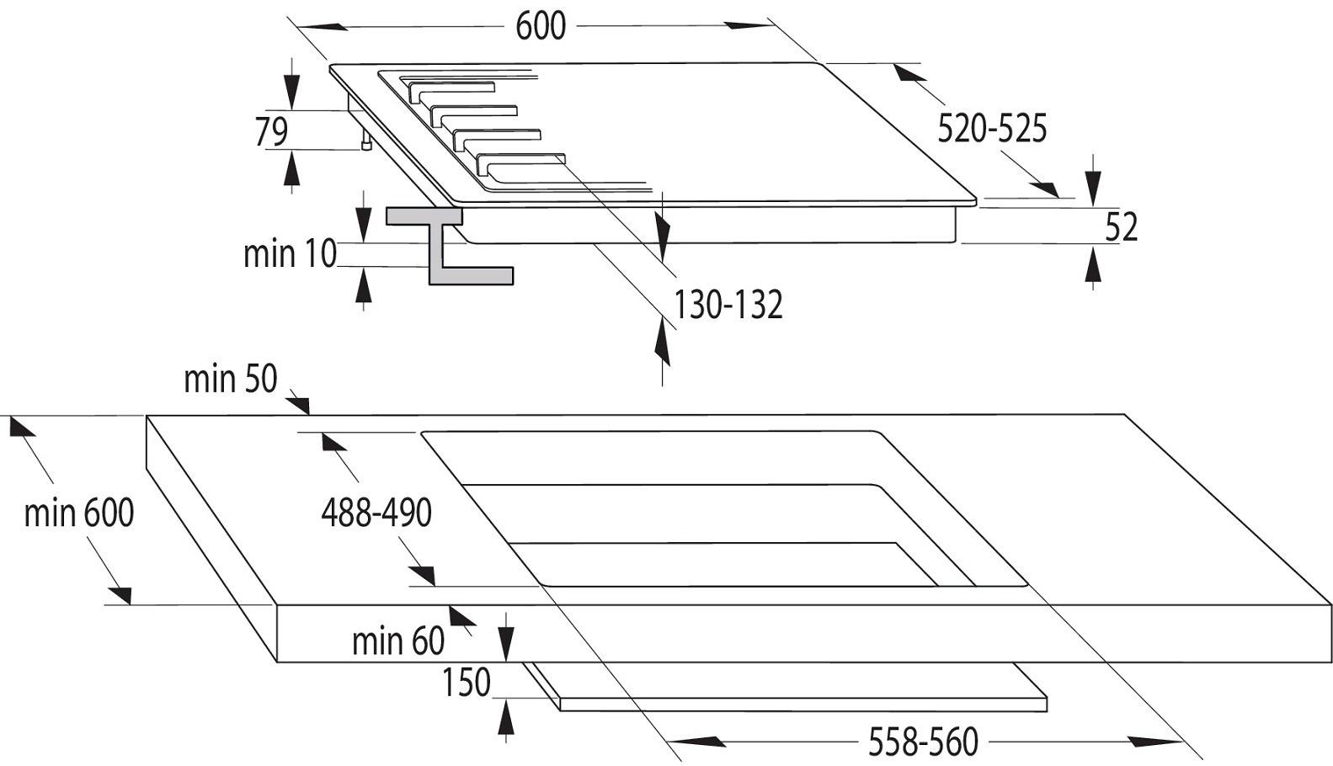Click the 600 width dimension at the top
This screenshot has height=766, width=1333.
[x=541, y=27]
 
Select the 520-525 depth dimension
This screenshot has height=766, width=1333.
[x=992, y=129]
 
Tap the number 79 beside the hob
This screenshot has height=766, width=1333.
[x=271, y=131]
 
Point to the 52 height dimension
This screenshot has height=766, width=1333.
[x=1121, y=226]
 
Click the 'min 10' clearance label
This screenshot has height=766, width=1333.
[x=290, y=253]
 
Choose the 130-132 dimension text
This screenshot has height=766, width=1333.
[x=728, y=305]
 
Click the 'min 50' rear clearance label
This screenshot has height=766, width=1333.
[x=230, y=379]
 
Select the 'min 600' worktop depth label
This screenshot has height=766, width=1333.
[x=78, y=513]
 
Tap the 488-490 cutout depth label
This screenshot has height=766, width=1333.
[x=376, y=513]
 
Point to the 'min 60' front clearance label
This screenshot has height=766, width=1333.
[x=398, y=641]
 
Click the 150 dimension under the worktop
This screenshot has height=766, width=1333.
[x=466, y=682]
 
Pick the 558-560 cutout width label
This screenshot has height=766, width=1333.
[x=923, y=742]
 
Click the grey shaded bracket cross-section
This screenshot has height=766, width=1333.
[x=450, y=245]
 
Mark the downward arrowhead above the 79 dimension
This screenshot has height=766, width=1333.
[x=291, y=92]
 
